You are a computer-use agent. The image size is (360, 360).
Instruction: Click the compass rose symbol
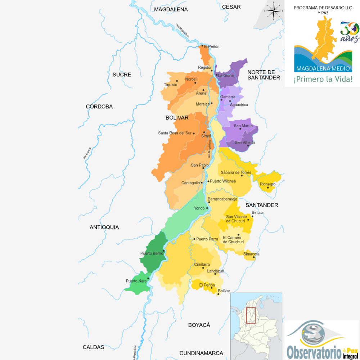pos(274,11)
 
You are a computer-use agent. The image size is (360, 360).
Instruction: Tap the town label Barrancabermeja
pos(222,199)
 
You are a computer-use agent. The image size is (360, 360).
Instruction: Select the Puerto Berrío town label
pos(151,253)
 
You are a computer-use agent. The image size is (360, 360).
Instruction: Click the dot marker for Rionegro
pos(268,188)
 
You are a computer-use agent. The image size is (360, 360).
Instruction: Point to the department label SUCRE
pos(122,75)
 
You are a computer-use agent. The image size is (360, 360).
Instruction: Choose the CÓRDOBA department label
pos(99,107)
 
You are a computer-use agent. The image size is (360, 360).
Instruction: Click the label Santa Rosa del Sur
pos(175,133)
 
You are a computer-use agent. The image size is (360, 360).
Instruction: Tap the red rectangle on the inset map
pos(251,315)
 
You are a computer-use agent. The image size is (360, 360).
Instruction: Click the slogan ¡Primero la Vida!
pos(323,79)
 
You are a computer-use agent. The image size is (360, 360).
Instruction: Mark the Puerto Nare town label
pos(136,281)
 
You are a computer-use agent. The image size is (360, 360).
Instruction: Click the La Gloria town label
pos(226,76)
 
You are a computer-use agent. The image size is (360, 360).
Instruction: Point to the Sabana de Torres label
pos(236,172)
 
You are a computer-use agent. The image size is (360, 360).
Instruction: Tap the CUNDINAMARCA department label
pos(201,353)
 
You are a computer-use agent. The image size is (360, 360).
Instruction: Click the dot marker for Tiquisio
pos(177,81)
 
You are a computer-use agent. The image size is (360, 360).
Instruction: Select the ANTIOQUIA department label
pos(104,227)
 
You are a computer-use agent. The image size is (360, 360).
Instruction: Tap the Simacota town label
pos(251,254)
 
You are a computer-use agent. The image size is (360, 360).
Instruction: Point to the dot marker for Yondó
pos(207,208)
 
